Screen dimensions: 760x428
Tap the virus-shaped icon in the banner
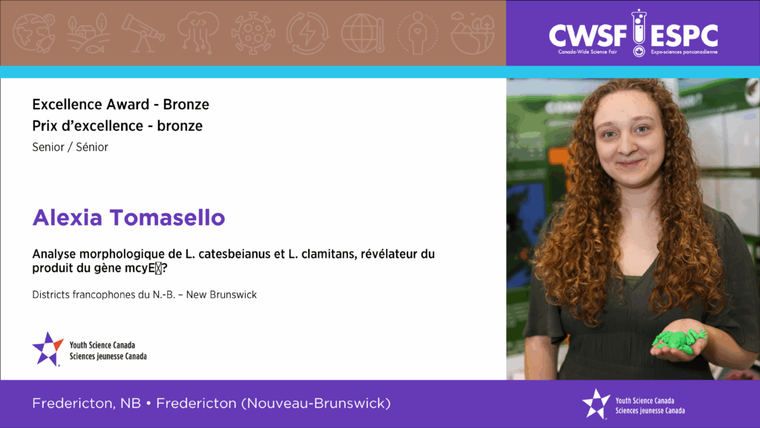(252, 33)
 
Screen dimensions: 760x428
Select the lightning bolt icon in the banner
(307, 33)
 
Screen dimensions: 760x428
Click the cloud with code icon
(197, 32)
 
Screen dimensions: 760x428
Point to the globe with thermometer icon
(363, 33)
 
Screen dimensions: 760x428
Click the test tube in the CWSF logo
(639, 33)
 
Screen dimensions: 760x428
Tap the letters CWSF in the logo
(588, 36)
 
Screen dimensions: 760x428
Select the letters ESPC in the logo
(684, 36)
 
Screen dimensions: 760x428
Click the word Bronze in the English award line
(186, 104)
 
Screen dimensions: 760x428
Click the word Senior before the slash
(48, 147)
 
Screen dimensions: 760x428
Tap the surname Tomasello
(167, 218)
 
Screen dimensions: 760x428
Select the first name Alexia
(68, 218)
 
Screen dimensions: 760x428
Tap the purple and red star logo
(47, 348)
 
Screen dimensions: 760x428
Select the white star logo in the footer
(596, 403)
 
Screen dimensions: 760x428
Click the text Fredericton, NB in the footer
(86, 403)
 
